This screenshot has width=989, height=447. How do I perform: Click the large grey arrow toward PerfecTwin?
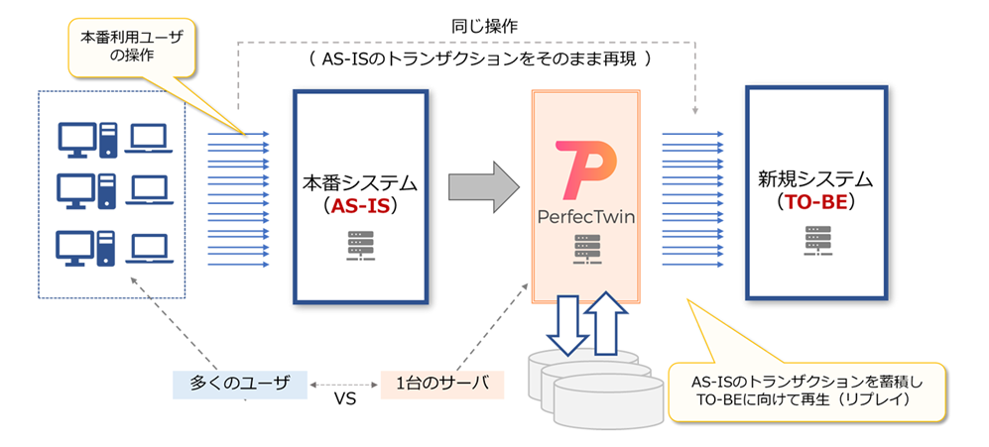click(x=483, y=186)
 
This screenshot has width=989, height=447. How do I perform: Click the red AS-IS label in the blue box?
click(x=361, y=207)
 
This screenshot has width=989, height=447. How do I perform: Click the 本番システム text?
click(x=360, y=184)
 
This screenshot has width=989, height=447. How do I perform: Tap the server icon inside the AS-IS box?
click(x=361, y=246)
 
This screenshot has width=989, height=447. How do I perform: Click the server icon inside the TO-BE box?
click(x=816, y=241)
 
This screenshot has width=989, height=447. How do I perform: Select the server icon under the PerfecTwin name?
click(x=586, y=251)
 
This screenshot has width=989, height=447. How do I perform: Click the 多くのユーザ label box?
click(x=240, y=384)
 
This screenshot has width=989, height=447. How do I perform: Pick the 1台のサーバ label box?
click(x=442, y=384)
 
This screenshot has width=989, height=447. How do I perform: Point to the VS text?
click(x=344, y=399)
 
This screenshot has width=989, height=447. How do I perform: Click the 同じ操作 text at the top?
click(x=486, y=27)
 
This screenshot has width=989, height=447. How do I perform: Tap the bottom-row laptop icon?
click(x=149, y=250)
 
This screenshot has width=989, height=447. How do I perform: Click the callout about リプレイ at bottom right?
click(x=807, y=391)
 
